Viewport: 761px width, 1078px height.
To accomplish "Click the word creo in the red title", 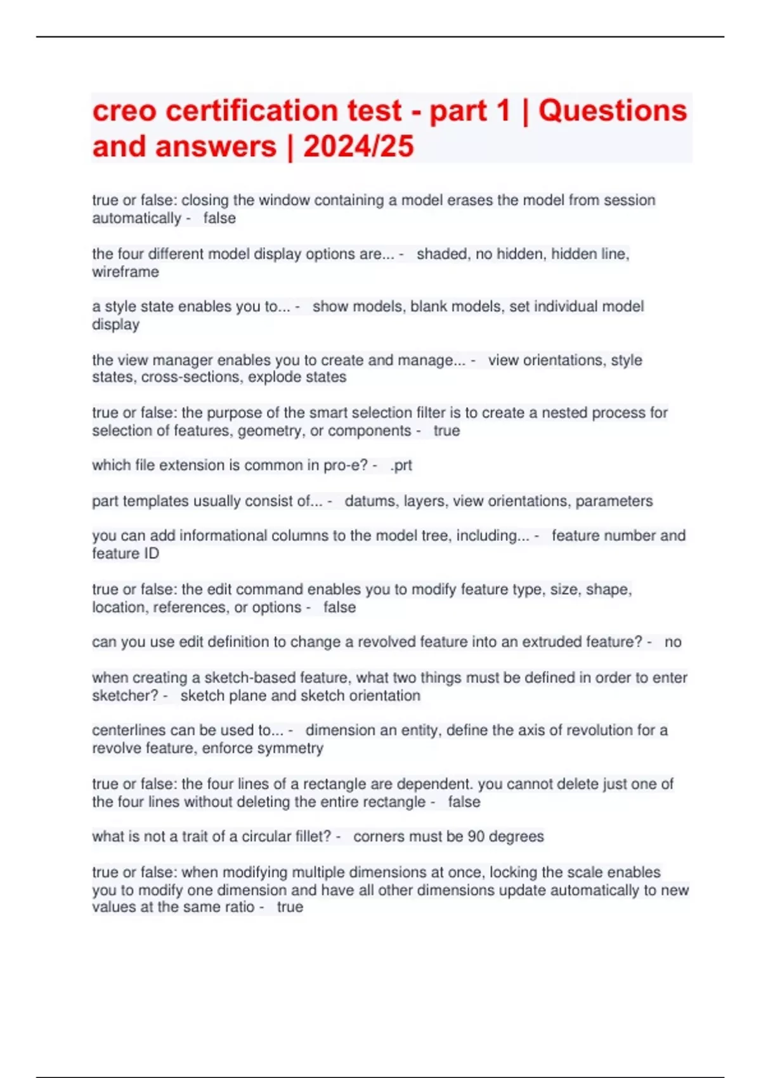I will point(124,111).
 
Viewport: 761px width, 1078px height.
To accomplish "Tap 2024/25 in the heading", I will point(358,146).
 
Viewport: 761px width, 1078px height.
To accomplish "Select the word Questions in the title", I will point(613,111).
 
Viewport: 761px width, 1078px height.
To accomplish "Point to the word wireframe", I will point(126,272).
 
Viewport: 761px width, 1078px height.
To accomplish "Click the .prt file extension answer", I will point(401,465).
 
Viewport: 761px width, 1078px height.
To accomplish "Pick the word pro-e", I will point(346,465).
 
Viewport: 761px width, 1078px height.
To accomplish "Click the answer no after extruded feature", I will point(673,642).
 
